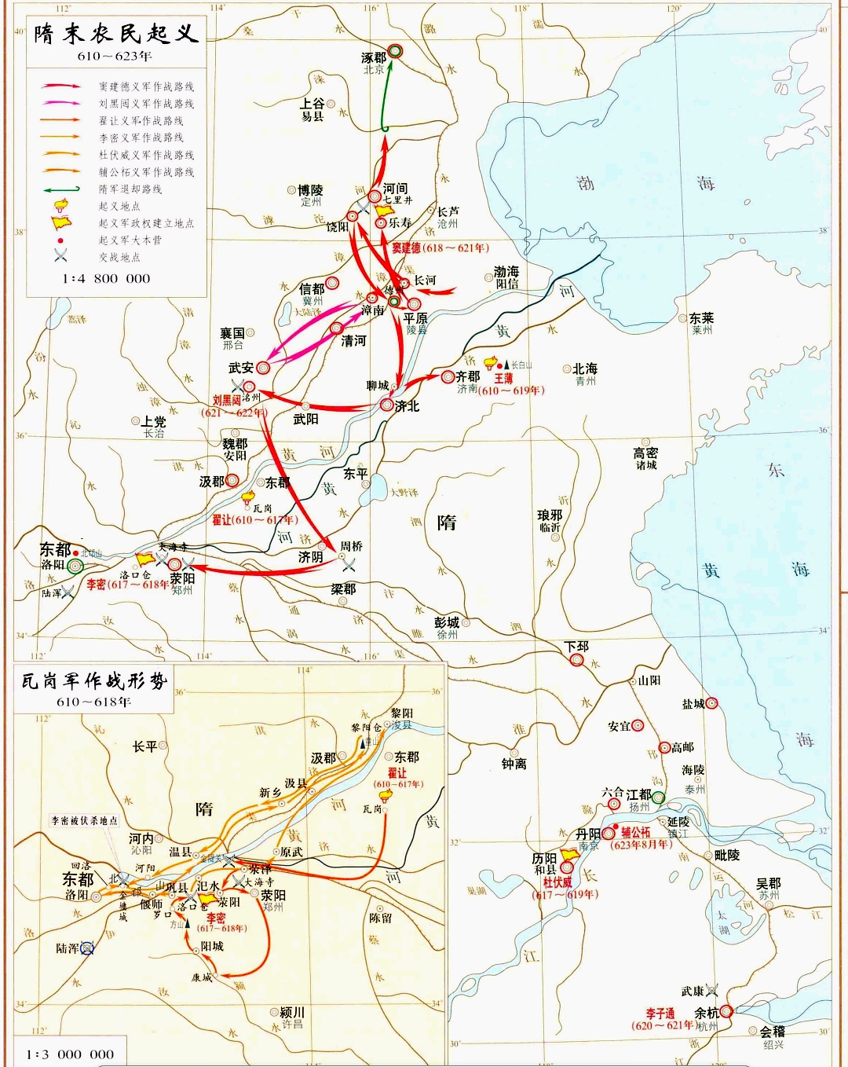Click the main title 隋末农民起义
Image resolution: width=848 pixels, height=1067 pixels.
(115, 33)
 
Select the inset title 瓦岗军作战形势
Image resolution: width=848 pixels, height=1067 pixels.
(94, 680)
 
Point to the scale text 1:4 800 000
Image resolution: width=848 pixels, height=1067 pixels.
(106, 278)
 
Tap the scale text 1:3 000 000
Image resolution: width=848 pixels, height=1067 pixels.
(70, 1054)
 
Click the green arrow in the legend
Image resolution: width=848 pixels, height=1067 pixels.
(61, 189)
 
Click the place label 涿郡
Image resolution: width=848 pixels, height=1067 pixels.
(373, 57)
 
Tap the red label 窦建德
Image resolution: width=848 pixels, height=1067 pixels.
(406, 247)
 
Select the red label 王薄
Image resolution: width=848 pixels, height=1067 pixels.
(503, 378)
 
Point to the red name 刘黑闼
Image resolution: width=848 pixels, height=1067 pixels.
(226, 400)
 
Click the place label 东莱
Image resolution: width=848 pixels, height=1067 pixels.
(701, 318)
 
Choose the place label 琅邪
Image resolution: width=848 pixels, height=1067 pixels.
(550, 515)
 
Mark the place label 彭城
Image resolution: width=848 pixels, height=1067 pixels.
(446, 622)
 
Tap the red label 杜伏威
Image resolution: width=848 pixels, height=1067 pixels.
(557, 882)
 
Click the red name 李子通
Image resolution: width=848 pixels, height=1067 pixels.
(660, 1014)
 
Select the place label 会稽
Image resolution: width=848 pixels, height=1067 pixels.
(772, 1031)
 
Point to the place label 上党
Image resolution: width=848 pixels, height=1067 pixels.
(154, 422)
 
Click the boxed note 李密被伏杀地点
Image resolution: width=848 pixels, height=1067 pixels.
(84, 820)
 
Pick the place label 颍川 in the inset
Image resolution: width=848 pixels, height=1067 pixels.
(292, 1012)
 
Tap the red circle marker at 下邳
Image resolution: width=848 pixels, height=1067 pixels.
(577, 659)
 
